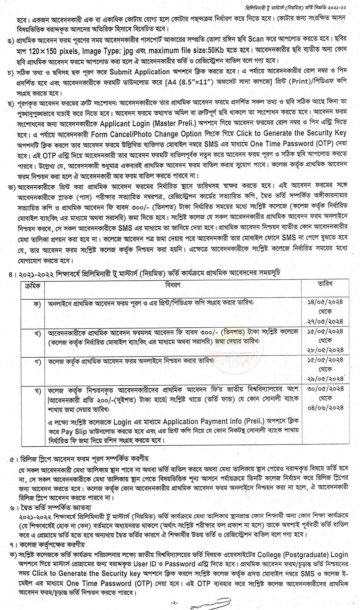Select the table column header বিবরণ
click(173, 285)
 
